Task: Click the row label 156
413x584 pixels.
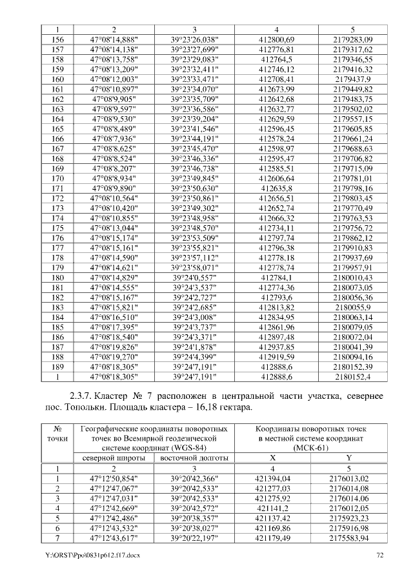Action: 57,39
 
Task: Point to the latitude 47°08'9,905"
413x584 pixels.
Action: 114,99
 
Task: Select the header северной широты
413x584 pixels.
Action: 114,458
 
